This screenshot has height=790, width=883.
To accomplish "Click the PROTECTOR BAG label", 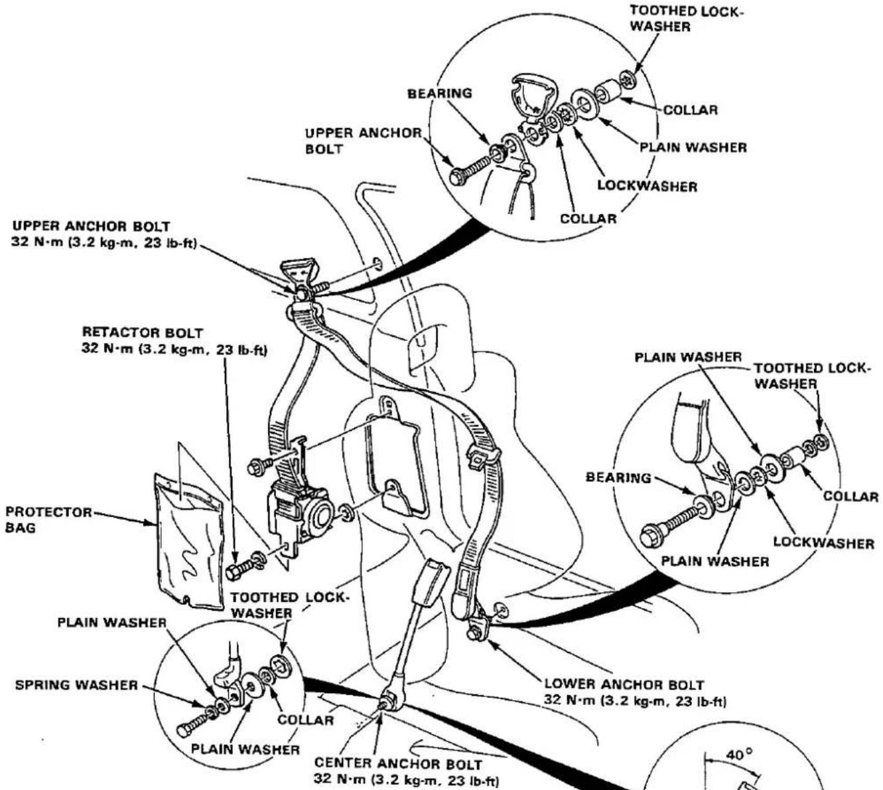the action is tap(48, 520).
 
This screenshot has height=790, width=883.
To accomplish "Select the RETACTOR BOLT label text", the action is tap(143, 333).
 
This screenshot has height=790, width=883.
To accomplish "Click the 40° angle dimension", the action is tap(739, 755).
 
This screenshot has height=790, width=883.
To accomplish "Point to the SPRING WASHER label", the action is tap(76, 685).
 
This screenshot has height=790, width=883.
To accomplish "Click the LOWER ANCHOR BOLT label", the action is tap(624, 685).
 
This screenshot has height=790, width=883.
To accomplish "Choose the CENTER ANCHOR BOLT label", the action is tap(398, 764).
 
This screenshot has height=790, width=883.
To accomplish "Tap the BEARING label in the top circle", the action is tap(439, 94).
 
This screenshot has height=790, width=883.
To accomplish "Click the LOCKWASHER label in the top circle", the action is tap(647, 187).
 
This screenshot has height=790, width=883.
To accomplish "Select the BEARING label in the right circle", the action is tap(618, 477).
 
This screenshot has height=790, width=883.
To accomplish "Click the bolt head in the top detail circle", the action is tap(458, 176).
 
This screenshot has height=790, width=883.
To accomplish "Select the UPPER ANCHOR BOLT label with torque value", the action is tap(105, 234).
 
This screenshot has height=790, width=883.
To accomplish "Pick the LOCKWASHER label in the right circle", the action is tap(823, 543).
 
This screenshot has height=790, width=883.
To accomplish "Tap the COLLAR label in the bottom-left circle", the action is tap(306, 720).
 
